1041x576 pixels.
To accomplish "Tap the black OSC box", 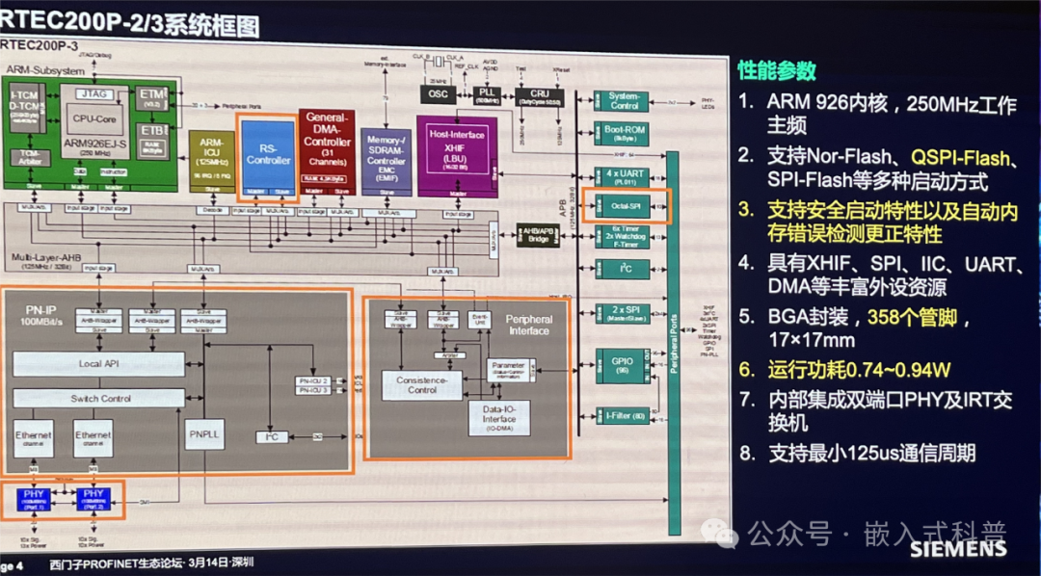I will [437, 93].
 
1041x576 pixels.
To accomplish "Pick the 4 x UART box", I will [618, 175].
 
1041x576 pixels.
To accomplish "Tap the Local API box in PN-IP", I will [98, 364].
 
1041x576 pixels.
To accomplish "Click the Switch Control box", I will [98, 398].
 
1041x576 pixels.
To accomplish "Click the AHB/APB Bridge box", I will [537, 234].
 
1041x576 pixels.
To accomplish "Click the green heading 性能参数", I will [777, 70].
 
